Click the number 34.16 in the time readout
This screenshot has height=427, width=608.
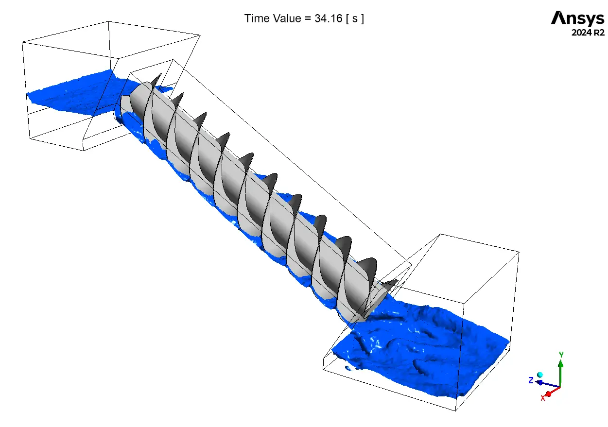pyautogui.click(x=329, y=18)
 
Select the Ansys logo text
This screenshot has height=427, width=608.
pyautogui.click(x=577, y=18)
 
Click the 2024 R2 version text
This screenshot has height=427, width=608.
pyautogui.click(x=588, y=33)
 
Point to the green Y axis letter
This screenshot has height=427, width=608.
pyautogui.click(x=561, y=354)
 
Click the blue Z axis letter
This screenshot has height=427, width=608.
pyautogui.click(x=531, y=380)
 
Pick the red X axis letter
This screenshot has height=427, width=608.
pyautogui.click(x=543, y=398)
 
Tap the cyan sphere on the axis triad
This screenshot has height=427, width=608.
pyautogui.click(x=540, y=375)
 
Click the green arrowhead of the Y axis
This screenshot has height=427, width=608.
pyautogui.click(x=561, y=364)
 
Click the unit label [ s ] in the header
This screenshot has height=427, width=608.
pyautogui.click(x=355, y=18)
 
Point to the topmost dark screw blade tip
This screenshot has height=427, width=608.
pyautogui.click(x=161, y=74)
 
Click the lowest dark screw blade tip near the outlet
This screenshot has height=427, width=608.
pyautogui.click(x=398, y=280)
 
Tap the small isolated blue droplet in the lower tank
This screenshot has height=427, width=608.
pyautogui.click(x=347, y=368)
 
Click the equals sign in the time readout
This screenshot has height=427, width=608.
pyautogui.click(x=308, y=19)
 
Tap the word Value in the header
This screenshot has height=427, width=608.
pyautogui.click(x=287, y=18)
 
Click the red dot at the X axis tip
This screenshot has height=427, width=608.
pyautogui.click(x=548, y=393)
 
